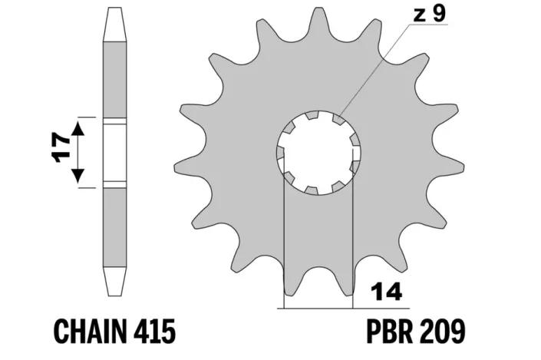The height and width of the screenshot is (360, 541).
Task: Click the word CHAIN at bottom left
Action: [x=90, y=332]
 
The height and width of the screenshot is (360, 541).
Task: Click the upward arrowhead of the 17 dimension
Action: [x=78, y=130]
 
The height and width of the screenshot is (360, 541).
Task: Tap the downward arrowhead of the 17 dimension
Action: [x=78, y=176]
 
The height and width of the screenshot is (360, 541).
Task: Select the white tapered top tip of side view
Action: [x=114, y=23]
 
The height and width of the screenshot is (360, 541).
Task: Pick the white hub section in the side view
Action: [x=114, y=153]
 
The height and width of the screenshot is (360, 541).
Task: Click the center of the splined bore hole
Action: [x=318, y=153]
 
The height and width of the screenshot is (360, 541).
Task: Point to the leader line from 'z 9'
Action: [x=376, y=69]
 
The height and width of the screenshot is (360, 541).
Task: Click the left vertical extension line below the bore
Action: [x=285, y=246]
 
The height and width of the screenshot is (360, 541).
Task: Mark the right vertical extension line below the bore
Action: [x=353, y=246]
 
